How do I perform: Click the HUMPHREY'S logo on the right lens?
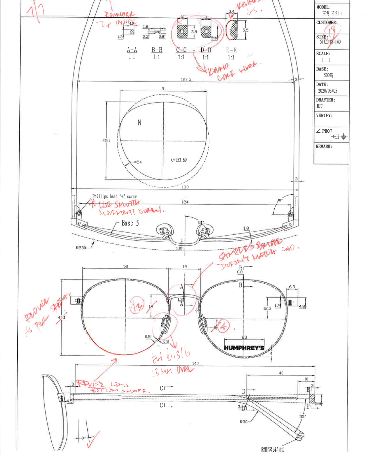coord(244,348)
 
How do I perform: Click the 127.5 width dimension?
coord(186,79)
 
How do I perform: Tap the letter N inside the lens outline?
coord(139,123)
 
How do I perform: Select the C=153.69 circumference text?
coord(179,160)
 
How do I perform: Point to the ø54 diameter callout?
coord(138,162)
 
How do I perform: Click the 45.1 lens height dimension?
coord(106,141)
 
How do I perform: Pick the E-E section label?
coord(231,50)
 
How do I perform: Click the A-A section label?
coord(132,50)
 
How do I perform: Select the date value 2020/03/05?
coord(327,91)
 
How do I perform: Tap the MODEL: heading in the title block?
coord(323,7)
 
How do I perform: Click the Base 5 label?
coord(130,223)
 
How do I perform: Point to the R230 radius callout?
coord(81,248)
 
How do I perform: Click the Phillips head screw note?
coord(114,196)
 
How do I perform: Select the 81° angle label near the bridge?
coord(201,222)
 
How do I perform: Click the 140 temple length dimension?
coord(195,363)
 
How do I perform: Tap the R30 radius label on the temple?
coord(243,422)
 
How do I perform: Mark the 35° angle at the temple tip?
coord(302,416)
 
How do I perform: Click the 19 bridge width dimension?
coord(185,267)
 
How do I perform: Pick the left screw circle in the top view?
coord(79,213)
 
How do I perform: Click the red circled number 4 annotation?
coord(224,326)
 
